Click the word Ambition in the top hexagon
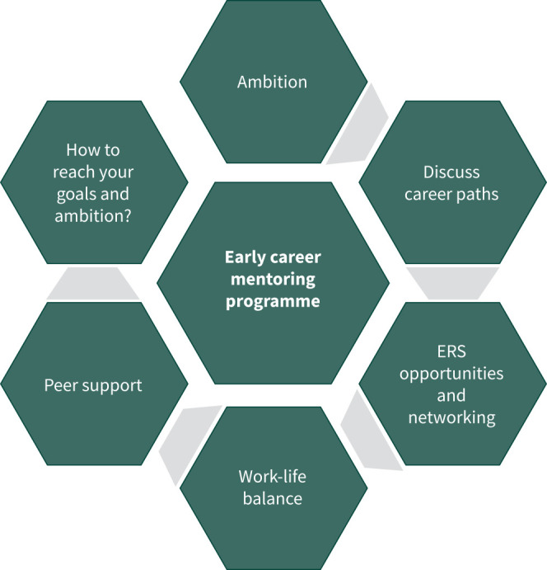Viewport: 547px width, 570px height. (x=272, y=82)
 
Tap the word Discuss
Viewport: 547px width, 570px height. (x=451, y=173)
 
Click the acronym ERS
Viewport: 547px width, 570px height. (x=451, y=351)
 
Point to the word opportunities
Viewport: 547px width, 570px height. (x=451, y=374)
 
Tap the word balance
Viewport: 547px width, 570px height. (x=272, y=498)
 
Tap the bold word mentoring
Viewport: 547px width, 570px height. (x=272, y=280)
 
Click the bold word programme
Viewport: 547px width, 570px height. (x=272, y=301)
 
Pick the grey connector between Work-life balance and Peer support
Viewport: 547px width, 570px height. (x=185, y=435)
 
